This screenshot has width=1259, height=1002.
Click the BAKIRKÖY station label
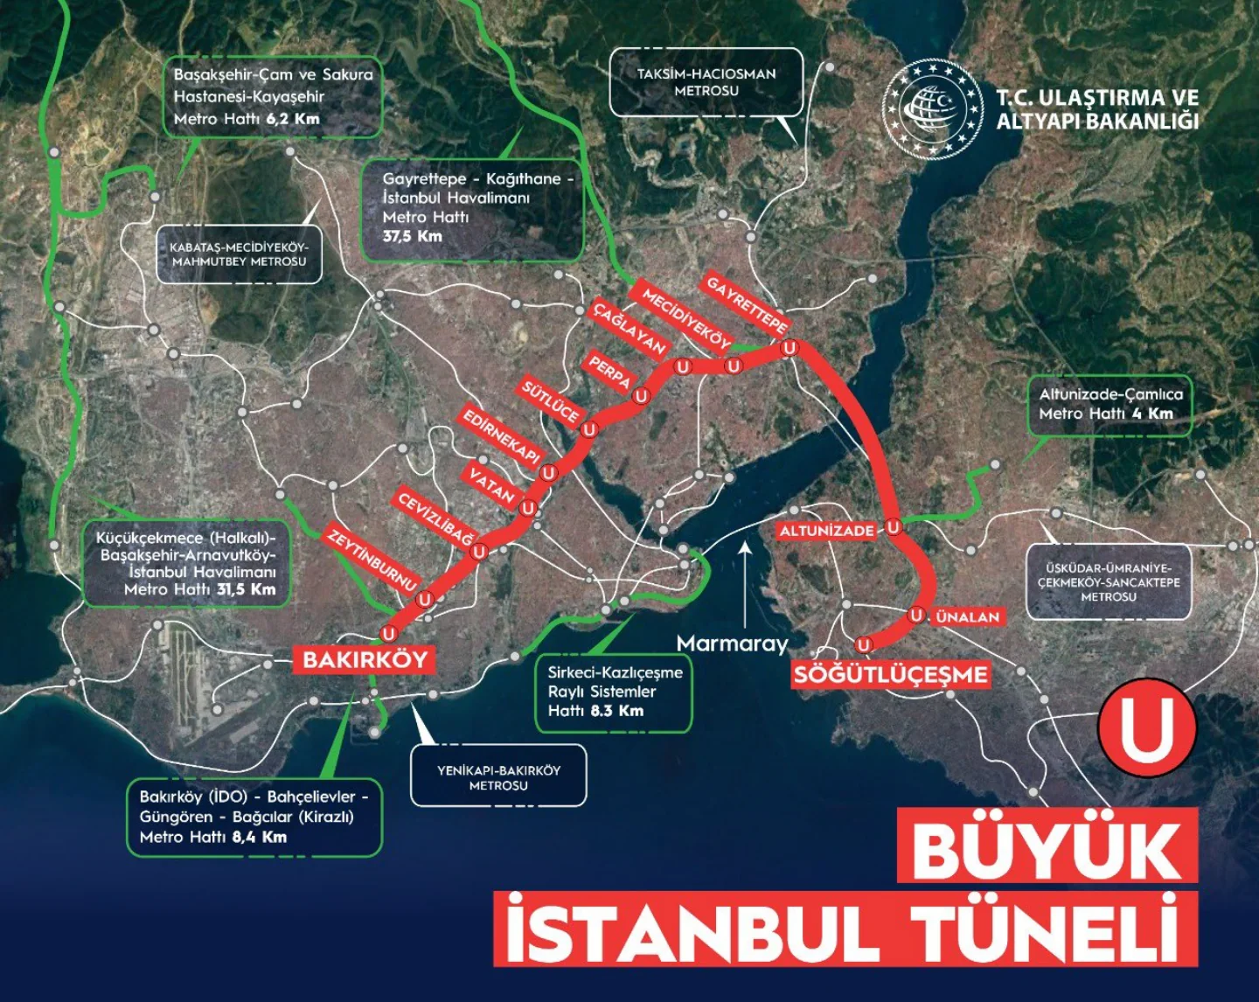click(x=365, y=659)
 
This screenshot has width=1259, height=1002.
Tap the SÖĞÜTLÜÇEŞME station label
click(x=891, y=674)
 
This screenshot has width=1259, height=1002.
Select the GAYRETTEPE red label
click(x=746, y=303)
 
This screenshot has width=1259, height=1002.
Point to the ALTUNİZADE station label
click(x=827, y=531)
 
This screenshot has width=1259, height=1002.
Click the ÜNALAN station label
click(x=967, y=616)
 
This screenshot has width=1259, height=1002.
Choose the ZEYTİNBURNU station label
click(x=372, y=558)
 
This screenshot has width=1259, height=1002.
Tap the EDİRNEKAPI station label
click(x=502, y=435)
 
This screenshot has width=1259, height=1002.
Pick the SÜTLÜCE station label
click(x=551, y=400)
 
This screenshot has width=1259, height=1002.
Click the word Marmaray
click(x=732, y=644)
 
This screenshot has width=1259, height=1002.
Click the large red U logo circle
click(x=1146, y=727)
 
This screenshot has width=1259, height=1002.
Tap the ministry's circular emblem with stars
click(x=934, y=108)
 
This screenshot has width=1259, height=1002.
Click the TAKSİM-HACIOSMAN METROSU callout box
click(x=706, y=82)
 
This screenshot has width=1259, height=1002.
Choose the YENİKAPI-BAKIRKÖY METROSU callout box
click(x=498, y=776)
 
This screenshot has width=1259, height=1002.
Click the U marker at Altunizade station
click(x=893, y=527)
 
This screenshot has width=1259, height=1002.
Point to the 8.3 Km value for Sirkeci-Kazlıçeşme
click(x=616, y=711)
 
